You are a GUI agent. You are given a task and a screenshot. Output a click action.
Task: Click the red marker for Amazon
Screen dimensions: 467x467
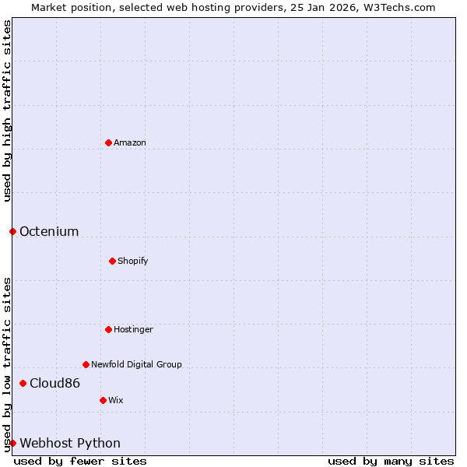pos(108,142)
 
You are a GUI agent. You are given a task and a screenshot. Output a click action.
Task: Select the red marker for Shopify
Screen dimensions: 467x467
pos(112,261)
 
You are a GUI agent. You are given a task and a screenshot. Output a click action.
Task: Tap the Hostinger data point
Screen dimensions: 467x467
pos(108,329)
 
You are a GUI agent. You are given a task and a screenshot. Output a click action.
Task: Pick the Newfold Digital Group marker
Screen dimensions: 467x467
pos(86,364)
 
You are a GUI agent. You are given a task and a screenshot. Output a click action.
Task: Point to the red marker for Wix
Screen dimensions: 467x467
pos(103,400)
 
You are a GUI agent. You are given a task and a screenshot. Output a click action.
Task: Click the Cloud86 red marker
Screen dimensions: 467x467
pos(23,383)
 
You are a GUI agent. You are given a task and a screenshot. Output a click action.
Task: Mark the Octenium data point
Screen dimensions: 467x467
pos(12,231)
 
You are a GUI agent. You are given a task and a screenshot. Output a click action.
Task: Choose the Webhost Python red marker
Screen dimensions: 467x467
pos(12,443)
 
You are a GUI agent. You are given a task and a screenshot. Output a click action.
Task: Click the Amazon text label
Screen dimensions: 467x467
pos(130,142)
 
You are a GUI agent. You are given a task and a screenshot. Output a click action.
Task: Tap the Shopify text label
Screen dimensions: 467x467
pos(133,261)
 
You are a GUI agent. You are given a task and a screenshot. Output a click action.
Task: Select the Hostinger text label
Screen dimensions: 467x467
pos(134,329)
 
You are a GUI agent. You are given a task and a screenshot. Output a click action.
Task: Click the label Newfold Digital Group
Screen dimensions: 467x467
pos(136,364)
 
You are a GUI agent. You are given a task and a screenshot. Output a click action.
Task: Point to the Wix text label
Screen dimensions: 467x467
pos(116,400)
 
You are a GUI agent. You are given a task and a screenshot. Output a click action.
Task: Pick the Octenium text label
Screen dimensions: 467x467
pos(49,231)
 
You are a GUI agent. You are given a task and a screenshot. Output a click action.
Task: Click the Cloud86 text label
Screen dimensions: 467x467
pos(54,383)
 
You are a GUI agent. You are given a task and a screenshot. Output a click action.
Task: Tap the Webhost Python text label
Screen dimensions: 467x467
pos(70,443)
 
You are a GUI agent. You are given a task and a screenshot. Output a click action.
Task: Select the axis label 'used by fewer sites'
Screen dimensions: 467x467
pos(80,461)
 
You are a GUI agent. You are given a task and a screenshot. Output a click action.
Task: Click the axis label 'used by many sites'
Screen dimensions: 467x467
pos(391,461)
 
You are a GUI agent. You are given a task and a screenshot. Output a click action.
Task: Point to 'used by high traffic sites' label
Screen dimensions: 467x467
pos(7,111)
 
